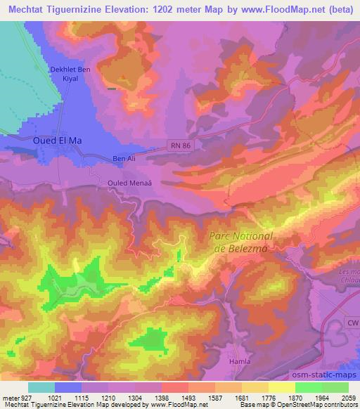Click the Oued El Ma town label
click(x=58, y=141)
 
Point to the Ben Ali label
click(x=124, y=159)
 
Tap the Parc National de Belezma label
click(x=241, y=242)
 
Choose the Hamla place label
click(x=240, y=361)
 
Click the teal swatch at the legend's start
click(x=41, y=387)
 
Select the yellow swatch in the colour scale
click(x=282, y=387)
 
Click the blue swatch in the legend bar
click(x=68, y=387)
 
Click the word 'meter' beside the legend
click(x=9, y=398)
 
